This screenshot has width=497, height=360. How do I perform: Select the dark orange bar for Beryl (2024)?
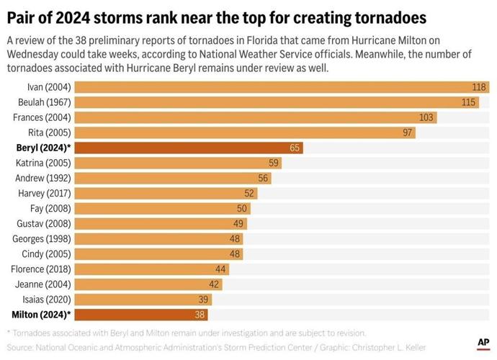(189, 148)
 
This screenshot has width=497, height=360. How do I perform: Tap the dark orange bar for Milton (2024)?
(141, 314)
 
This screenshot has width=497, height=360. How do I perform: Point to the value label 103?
(427, 117)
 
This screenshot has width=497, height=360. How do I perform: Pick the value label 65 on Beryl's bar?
(294, 148)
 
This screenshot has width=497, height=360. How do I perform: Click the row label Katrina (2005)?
(43, 163)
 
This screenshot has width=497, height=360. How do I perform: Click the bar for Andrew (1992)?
(173, 178)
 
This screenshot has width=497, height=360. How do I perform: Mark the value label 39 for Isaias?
(203, 299)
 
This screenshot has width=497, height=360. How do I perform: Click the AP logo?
(483, 344)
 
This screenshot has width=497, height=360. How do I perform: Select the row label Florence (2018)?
(40, 269)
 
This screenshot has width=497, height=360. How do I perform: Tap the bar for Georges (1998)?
(159, 238)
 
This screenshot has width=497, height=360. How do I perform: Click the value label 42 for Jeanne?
(214, 284)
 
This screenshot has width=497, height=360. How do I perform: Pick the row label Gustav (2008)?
(44, 223)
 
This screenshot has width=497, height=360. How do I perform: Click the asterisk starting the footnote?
(9, 333)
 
